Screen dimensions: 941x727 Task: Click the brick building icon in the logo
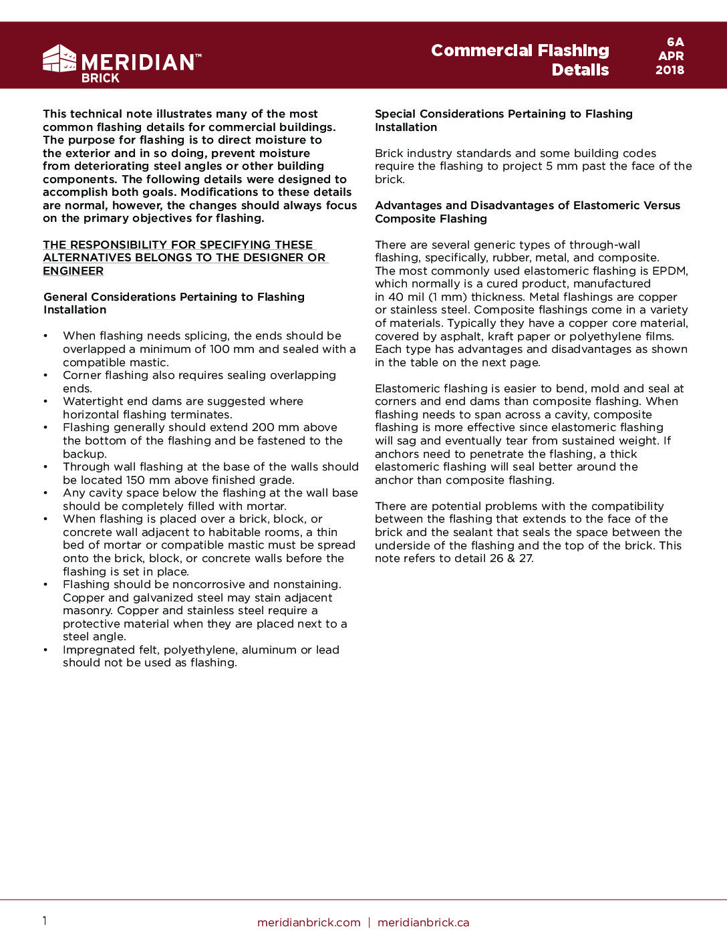coord(59,59)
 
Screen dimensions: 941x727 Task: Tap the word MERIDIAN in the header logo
coord(138,62)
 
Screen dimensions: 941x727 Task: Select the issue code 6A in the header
coord(675,42)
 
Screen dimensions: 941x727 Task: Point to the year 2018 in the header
coord(670,70)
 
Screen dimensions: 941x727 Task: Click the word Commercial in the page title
coord(481,51)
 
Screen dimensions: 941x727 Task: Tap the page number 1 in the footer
coord(45,921)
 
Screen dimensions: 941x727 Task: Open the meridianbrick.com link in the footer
coord(309,922)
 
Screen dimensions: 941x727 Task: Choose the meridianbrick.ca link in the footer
coord(423,922)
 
